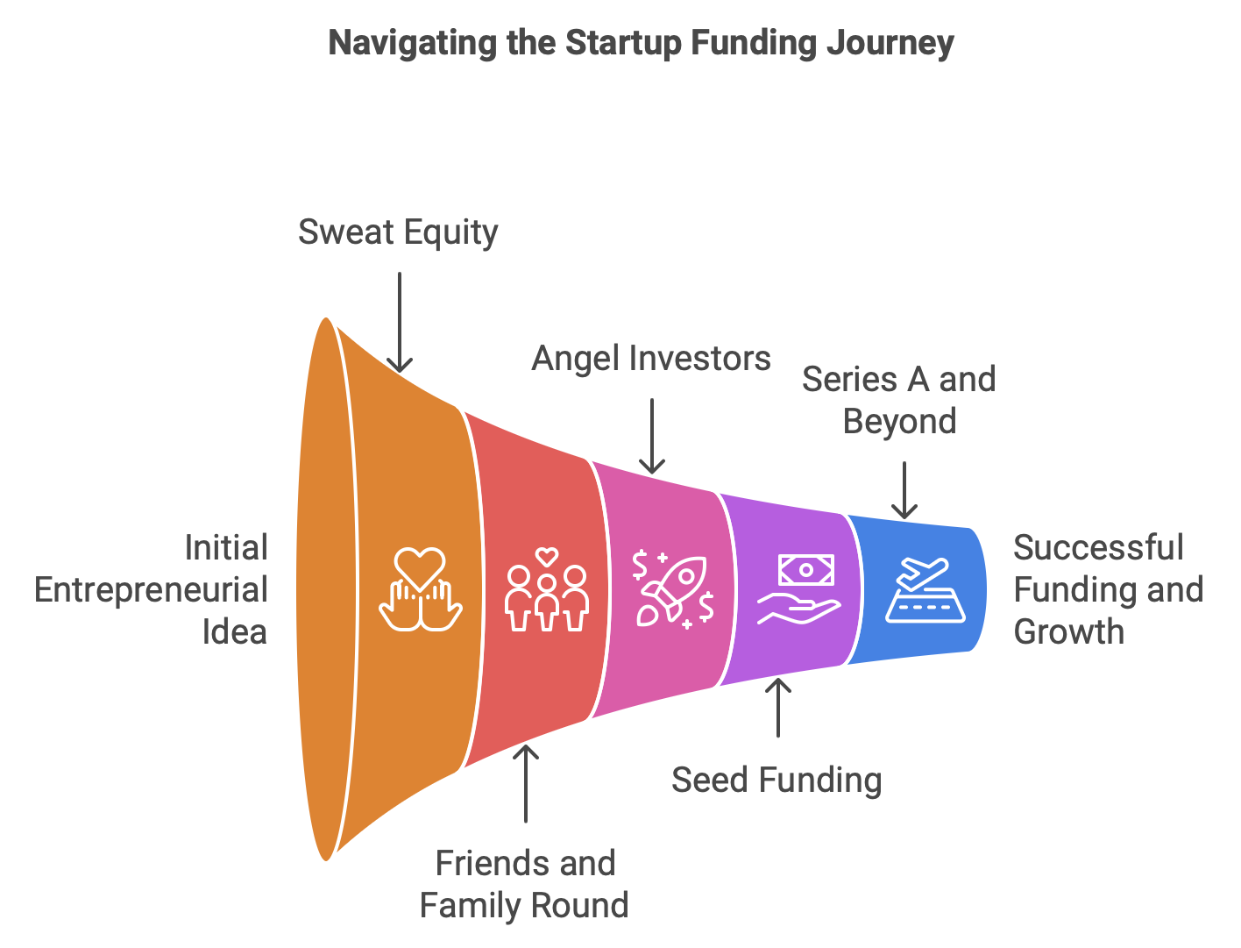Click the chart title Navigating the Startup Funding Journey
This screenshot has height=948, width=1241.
click(641, 43)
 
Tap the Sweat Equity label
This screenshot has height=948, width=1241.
click(398, 232)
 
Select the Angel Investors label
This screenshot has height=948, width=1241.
click(651, 359)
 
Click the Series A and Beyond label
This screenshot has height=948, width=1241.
click(899, 400)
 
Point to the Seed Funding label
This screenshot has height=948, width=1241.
click(777, 780)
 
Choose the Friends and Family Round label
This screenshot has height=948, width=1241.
click(524, 884)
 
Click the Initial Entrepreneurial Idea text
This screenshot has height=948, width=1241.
click(152, 589)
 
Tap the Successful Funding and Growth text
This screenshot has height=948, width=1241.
click(1108, 589)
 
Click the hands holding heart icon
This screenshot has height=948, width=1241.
click(421, 588)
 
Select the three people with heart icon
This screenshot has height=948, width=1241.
click(547, 589)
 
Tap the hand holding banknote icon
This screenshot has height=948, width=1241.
click(798, 589)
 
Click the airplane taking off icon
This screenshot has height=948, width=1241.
click(925, 589)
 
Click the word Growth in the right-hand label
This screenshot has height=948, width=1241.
click(1068, 631)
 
